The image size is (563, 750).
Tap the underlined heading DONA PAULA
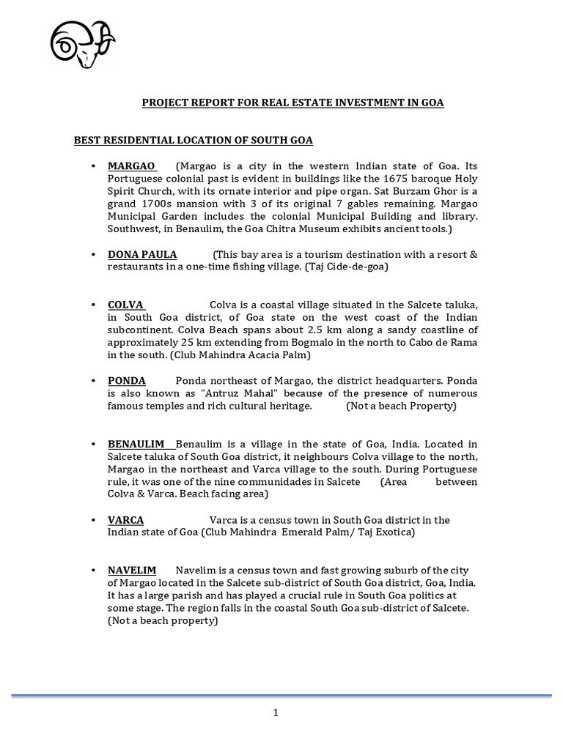pyautogui.click(x=142, y=254)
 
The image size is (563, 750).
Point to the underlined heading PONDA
pyautogui.click(x=127, y=380)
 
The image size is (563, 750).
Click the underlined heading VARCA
pyautogui.click(x=126, y=519)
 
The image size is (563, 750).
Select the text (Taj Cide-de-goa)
pyautogui.click(x=343, y=267)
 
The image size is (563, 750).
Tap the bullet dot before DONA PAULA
pyautogui.click(x=94, y=255)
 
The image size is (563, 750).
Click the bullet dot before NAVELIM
pyautogui.click(x=94, y=571)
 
